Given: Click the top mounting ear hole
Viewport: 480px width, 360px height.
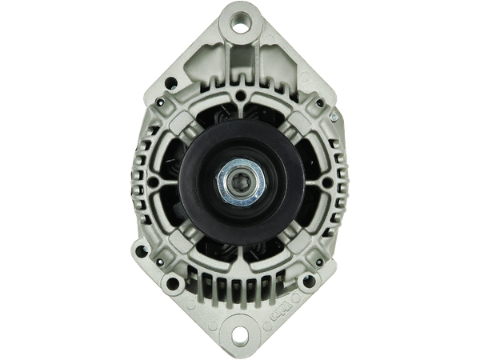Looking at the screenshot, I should pos(240,25).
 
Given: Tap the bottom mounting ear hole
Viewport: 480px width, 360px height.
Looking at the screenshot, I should pos(240,336).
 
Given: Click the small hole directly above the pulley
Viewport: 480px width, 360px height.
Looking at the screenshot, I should pos(240,95).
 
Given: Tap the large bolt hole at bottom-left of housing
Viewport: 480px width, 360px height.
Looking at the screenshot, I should pos(170,282).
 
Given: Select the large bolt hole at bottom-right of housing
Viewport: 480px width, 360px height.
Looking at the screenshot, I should pos(310,282).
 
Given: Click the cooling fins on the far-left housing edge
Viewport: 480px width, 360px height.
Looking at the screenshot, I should pos(142,180).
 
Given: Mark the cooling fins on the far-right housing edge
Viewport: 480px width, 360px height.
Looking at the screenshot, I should pos(338,180).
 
